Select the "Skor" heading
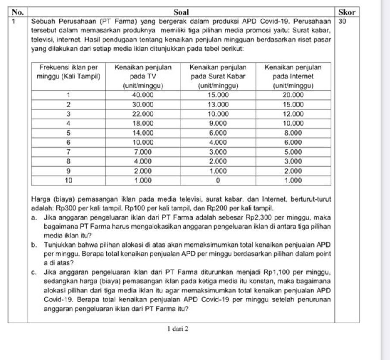(x=347, y=13)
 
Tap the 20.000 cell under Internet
(x=290, y=94)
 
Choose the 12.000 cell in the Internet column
(x=290, y=113)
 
